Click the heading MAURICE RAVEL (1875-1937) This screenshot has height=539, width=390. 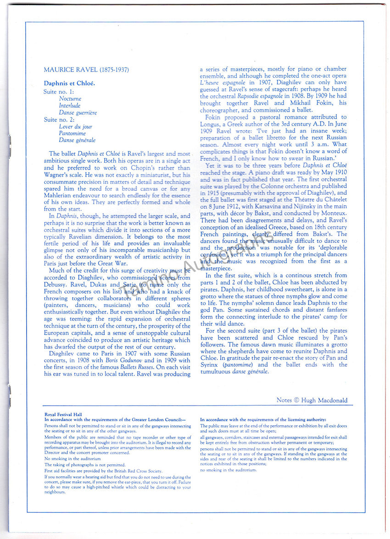tap(86, 70)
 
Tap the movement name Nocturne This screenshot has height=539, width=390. tap(70, 99)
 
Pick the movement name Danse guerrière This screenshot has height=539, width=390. tap(78, 112)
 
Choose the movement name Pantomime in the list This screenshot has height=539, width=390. tap(72, 133)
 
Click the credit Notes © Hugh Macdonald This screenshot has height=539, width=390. tap(312, 400)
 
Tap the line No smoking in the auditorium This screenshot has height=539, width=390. tap(72, 459)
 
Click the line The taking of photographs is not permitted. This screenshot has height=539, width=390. tap(85, 465)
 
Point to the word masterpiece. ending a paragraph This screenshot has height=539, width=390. tap(216, 268)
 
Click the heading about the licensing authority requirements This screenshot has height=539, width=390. tap(263, 420)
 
